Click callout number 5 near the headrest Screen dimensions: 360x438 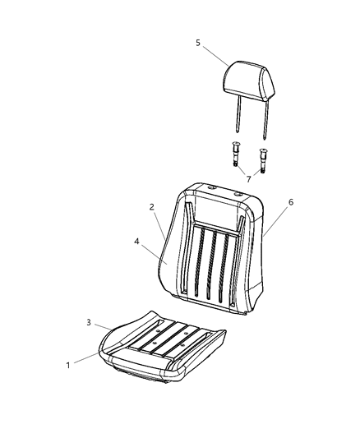[x=198, y=43]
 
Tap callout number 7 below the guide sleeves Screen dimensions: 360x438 [x=248, y=179]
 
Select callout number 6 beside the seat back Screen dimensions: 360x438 [x=291, y=202]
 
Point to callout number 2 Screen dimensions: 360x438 [x=152, y=207]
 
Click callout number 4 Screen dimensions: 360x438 [x=136, y=242]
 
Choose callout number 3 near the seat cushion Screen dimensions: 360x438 [x=89, y=323]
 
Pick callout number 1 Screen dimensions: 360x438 [x=68, y=366]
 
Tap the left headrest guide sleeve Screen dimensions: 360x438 [x=235, y=154]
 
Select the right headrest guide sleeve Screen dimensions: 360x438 [x=262, y=160]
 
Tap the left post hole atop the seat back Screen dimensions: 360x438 [x=212, y=187]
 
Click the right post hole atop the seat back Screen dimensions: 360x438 [x=238, y=193]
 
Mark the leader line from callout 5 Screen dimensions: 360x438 [x=215, y=56]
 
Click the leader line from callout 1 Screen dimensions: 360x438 [x=86, y=357]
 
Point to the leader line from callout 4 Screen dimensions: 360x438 [x=155, y=254]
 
